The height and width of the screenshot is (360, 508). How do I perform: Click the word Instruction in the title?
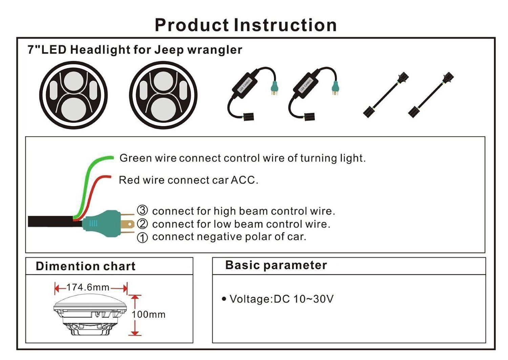pos(285,25)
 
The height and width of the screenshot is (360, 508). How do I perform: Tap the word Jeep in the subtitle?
pos(169,50)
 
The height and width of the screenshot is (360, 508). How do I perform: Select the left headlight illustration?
pos(73,95)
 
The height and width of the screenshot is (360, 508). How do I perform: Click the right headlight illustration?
pos(163,95)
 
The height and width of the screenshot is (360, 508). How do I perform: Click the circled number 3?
pos(142,211)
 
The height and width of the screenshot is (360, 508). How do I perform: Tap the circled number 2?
pos(142,224)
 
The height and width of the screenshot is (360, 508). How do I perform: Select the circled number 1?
pos(142,237)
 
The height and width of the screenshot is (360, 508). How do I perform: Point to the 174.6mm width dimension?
pos(88,287)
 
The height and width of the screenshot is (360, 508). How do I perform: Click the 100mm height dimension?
pos(148,315)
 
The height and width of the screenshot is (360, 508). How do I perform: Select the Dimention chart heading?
pos(85,266)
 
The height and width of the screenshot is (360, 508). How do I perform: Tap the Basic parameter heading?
pos(276,265)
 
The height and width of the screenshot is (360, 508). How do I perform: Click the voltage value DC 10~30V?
pos(303,299)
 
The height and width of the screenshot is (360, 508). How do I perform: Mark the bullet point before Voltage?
pos(224,299)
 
